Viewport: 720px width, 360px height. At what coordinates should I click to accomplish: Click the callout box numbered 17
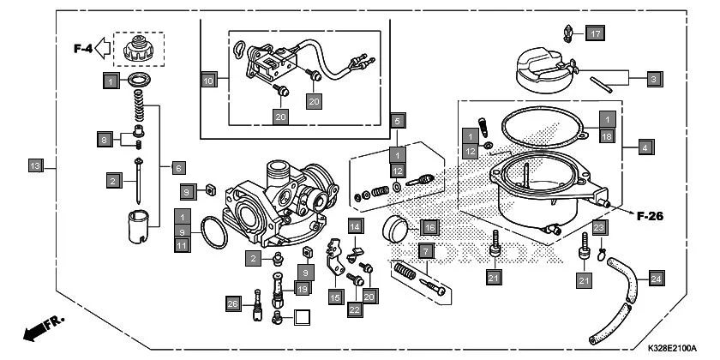pos(596,34)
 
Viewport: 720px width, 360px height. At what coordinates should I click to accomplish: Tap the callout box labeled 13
pos(35,165)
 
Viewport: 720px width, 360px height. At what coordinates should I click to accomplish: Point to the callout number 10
pos(208,81)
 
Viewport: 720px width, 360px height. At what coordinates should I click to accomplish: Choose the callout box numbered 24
pos(656,279)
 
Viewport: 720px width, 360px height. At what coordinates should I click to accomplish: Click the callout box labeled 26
pos(232,303)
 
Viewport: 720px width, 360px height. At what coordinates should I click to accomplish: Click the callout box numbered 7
pos(425,251)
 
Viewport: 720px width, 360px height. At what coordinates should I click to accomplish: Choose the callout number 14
pos(356,225)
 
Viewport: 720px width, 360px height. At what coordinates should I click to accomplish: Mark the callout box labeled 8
pos(104,138)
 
